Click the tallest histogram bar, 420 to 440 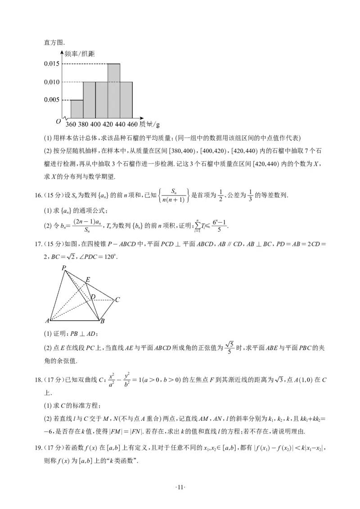(x=114, y=90)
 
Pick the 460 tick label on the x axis (x=132, y=124)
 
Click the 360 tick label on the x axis (x=71, y=124)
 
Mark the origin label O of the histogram (x=58, y=121)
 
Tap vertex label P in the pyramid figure (x=64, y=268)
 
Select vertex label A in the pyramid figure (x=47, y=321)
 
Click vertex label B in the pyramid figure (x=103, y=321)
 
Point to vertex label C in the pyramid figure (x=117, y=299)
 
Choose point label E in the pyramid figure (x=88, y=279)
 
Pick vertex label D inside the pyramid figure (x=93, y=297)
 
